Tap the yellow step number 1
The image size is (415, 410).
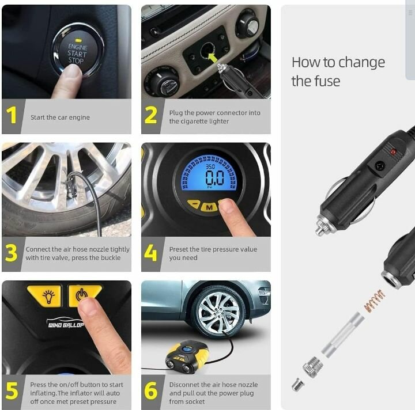[12, 116]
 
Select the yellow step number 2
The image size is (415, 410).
[150, 116]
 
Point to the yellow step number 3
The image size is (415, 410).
[12, 253]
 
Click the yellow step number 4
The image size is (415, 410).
[150, 253]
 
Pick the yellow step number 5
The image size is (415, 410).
[12, 390]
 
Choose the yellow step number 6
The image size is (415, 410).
[150, 390]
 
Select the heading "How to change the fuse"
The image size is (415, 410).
[338, 71]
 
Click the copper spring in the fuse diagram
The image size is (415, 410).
[374, 301]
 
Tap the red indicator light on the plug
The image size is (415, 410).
[394, 151]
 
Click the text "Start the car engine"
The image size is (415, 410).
[60, 117]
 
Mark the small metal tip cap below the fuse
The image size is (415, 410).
[297, 384]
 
